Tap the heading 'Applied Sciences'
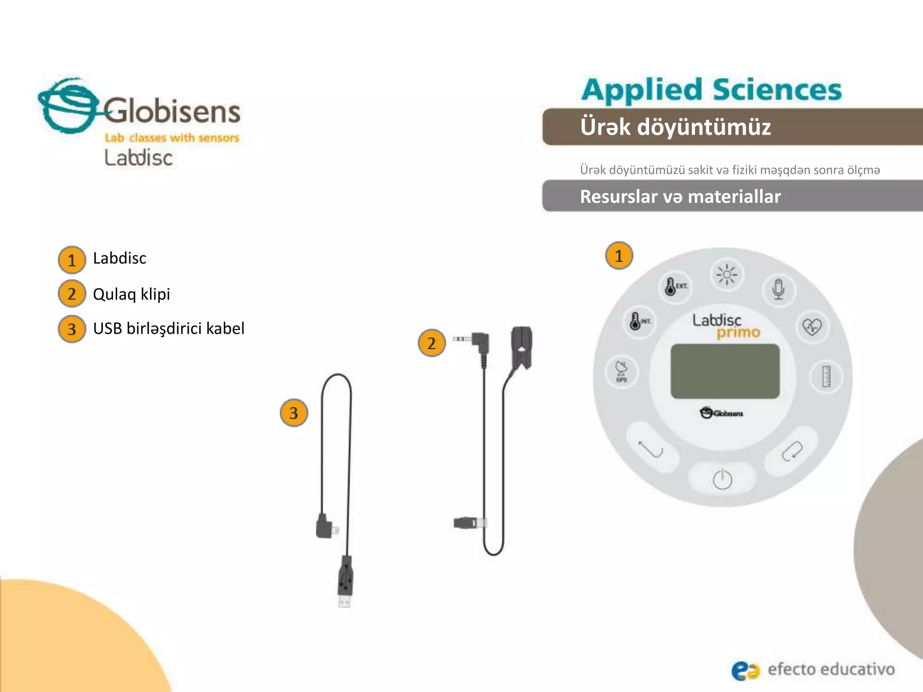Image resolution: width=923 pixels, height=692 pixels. point(711,90)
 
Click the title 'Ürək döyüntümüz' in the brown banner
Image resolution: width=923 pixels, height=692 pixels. point(675,127)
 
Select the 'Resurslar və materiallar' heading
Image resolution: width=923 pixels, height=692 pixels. point(680,196)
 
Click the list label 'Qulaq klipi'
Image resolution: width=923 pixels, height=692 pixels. point(131,294)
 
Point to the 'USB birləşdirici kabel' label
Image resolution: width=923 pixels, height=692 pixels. point(169,328)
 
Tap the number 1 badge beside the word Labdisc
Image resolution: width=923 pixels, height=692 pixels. point(72,260)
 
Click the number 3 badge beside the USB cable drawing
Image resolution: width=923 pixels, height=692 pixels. point(294,413)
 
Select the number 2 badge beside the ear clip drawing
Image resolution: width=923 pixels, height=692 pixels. point(432,343)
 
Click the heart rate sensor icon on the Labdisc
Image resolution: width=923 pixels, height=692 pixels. point(812,327)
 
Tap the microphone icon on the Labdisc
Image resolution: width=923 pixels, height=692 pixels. point(778,289)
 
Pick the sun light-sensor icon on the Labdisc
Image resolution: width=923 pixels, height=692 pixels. point(727,275)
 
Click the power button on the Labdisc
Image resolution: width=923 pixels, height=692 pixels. point(722,479)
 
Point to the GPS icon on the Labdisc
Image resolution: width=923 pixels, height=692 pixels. point(621,371)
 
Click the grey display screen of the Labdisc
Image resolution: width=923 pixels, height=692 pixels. point(725,371)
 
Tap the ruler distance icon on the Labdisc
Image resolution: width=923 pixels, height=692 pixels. point(826,377)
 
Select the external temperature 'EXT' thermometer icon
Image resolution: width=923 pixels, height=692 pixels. point(675,286)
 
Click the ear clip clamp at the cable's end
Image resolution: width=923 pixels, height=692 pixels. point(521,347)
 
